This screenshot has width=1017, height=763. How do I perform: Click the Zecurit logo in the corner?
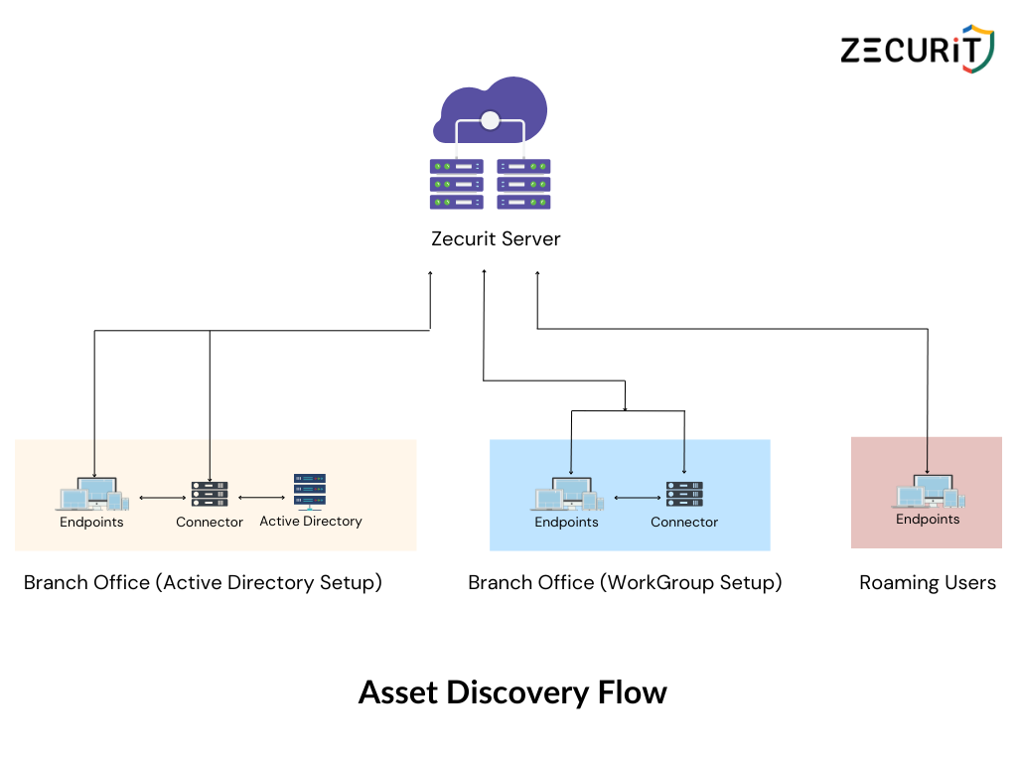[916, 49]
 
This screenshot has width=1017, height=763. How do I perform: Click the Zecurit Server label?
[496, 238]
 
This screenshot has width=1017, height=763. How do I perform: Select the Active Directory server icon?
[310, 490]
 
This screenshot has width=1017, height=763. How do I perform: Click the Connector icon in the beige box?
[210, 494]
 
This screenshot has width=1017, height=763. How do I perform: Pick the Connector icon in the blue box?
[684, 494]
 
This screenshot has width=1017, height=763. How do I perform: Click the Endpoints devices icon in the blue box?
[567, 494]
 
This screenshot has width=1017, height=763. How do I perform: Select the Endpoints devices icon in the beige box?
[93, 494]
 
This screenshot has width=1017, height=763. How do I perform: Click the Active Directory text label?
[311, 521]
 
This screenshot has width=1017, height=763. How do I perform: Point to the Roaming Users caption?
[928, 583]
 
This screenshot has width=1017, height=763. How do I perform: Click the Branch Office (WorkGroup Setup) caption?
[625, 583]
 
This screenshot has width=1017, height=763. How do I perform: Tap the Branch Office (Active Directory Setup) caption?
[203, 583]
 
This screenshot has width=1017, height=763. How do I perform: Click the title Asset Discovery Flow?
[512, 692]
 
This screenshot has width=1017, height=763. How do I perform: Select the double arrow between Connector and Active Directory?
[261, 498]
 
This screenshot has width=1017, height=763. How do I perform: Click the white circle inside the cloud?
[489, 121]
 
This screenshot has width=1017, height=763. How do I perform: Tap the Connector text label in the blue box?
[684, 522]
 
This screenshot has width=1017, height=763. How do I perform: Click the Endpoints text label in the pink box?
[928, 519]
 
